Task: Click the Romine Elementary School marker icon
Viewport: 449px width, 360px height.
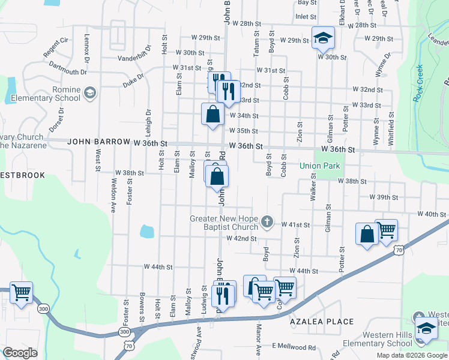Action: coord(89,92)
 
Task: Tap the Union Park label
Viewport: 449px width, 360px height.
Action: coord(320,166)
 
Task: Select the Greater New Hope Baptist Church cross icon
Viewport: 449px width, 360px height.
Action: coord(268,223)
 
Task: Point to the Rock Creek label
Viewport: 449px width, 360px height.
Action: coord(418,83)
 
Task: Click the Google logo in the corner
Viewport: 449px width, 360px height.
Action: coord(20,353)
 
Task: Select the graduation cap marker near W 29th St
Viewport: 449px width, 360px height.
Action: coord(323,38)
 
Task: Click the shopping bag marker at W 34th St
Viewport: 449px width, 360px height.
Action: coord(213,113)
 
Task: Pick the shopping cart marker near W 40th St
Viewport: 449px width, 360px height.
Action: coord(386,229)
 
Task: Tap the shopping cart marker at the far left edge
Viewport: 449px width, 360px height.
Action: coord(21,293)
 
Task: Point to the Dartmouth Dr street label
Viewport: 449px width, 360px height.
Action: coord(68,68)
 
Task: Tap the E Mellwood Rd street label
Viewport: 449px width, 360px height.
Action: coord(294,347)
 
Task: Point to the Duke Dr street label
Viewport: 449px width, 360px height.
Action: coord(134,77)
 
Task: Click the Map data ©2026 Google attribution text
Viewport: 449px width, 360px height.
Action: coord(411,355)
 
